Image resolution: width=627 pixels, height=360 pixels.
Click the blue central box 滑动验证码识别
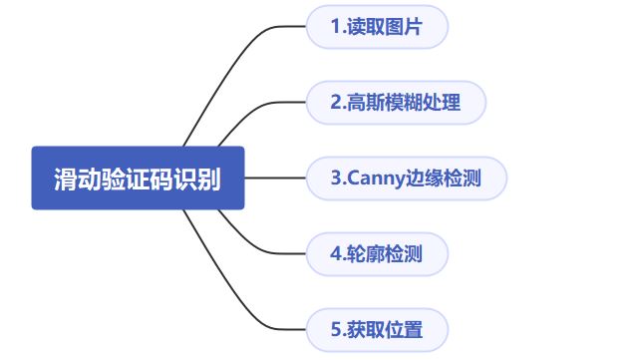coord(138,179)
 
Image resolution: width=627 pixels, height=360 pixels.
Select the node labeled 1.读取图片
coord(377,28)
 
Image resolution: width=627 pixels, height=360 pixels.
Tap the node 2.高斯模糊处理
coord(395,103)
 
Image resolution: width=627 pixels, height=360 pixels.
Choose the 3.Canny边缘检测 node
coord(406,179)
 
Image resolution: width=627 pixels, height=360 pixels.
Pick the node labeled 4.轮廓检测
coord(377,253)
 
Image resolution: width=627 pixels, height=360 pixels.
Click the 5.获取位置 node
coord(377,329)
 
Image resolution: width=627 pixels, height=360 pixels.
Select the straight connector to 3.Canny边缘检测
coord(274,179)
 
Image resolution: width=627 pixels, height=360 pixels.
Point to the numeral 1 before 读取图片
coord(336,28)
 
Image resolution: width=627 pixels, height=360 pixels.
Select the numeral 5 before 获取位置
coord(336,329)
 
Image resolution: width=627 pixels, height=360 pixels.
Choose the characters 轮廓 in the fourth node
coord(366,253)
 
